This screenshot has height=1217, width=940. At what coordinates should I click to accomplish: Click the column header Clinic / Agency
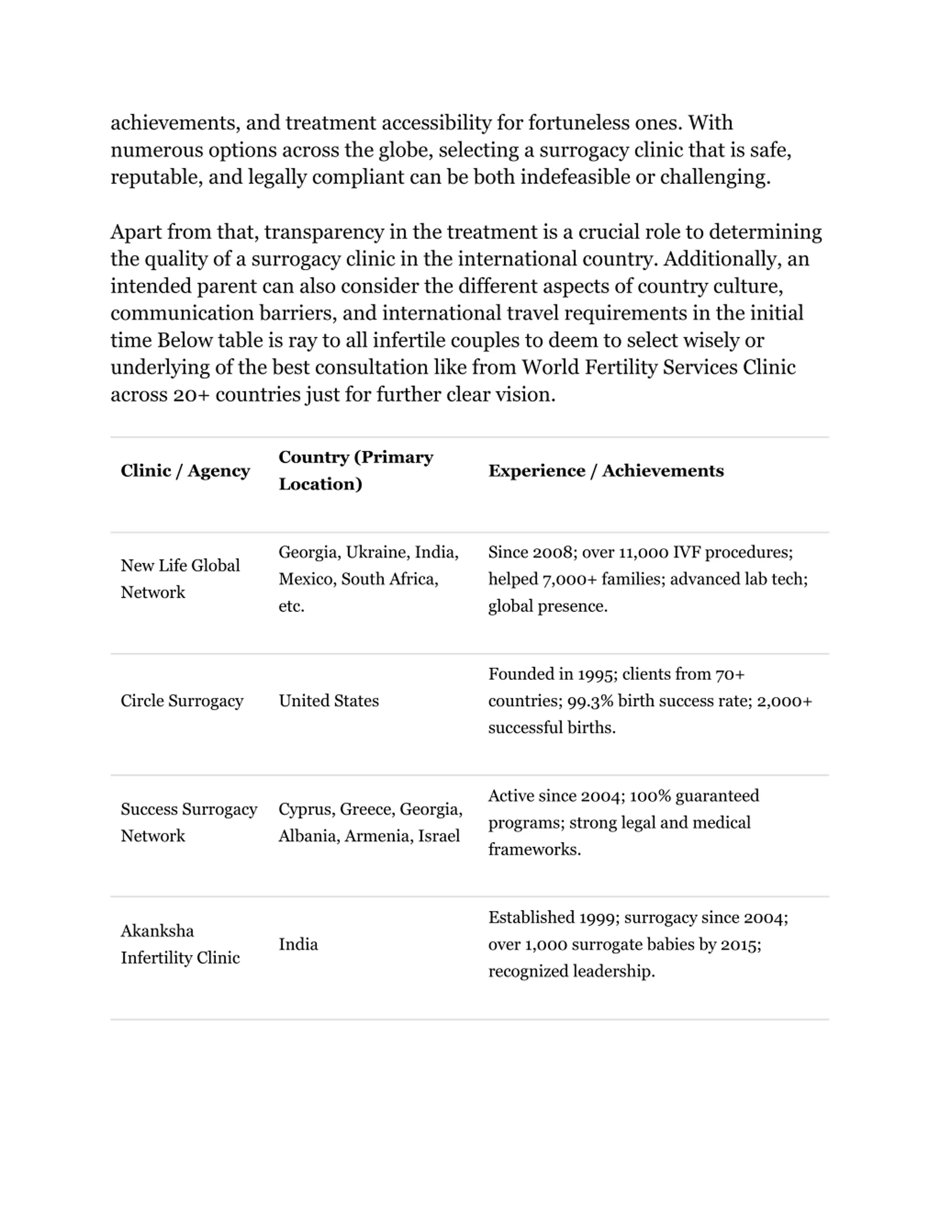tap(185, 471)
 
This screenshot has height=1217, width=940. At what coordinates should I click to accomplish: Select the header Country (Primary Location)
tap(355, 471)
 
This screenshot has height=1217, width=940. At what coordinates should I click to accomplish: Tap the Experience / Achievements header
tap(606, 471)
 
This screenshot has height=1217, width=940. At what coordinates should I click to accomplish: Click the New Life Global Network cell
tap(180, 579)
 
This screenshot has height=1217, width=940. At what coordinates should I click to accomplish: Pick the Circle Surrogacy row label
tap(181, 701)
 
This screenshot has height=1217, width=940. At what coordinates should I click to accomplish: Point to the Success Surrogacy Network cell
tap(188, 822)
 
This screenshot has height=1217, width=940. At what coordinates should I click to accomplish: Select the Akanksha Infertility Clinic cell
tap(180, 944)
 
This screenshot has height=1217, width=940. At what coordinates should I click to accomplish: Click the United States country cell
tap(329, 701)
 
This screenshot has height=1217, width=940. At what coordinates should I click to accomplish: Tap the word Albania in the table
tap(308, 836)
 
